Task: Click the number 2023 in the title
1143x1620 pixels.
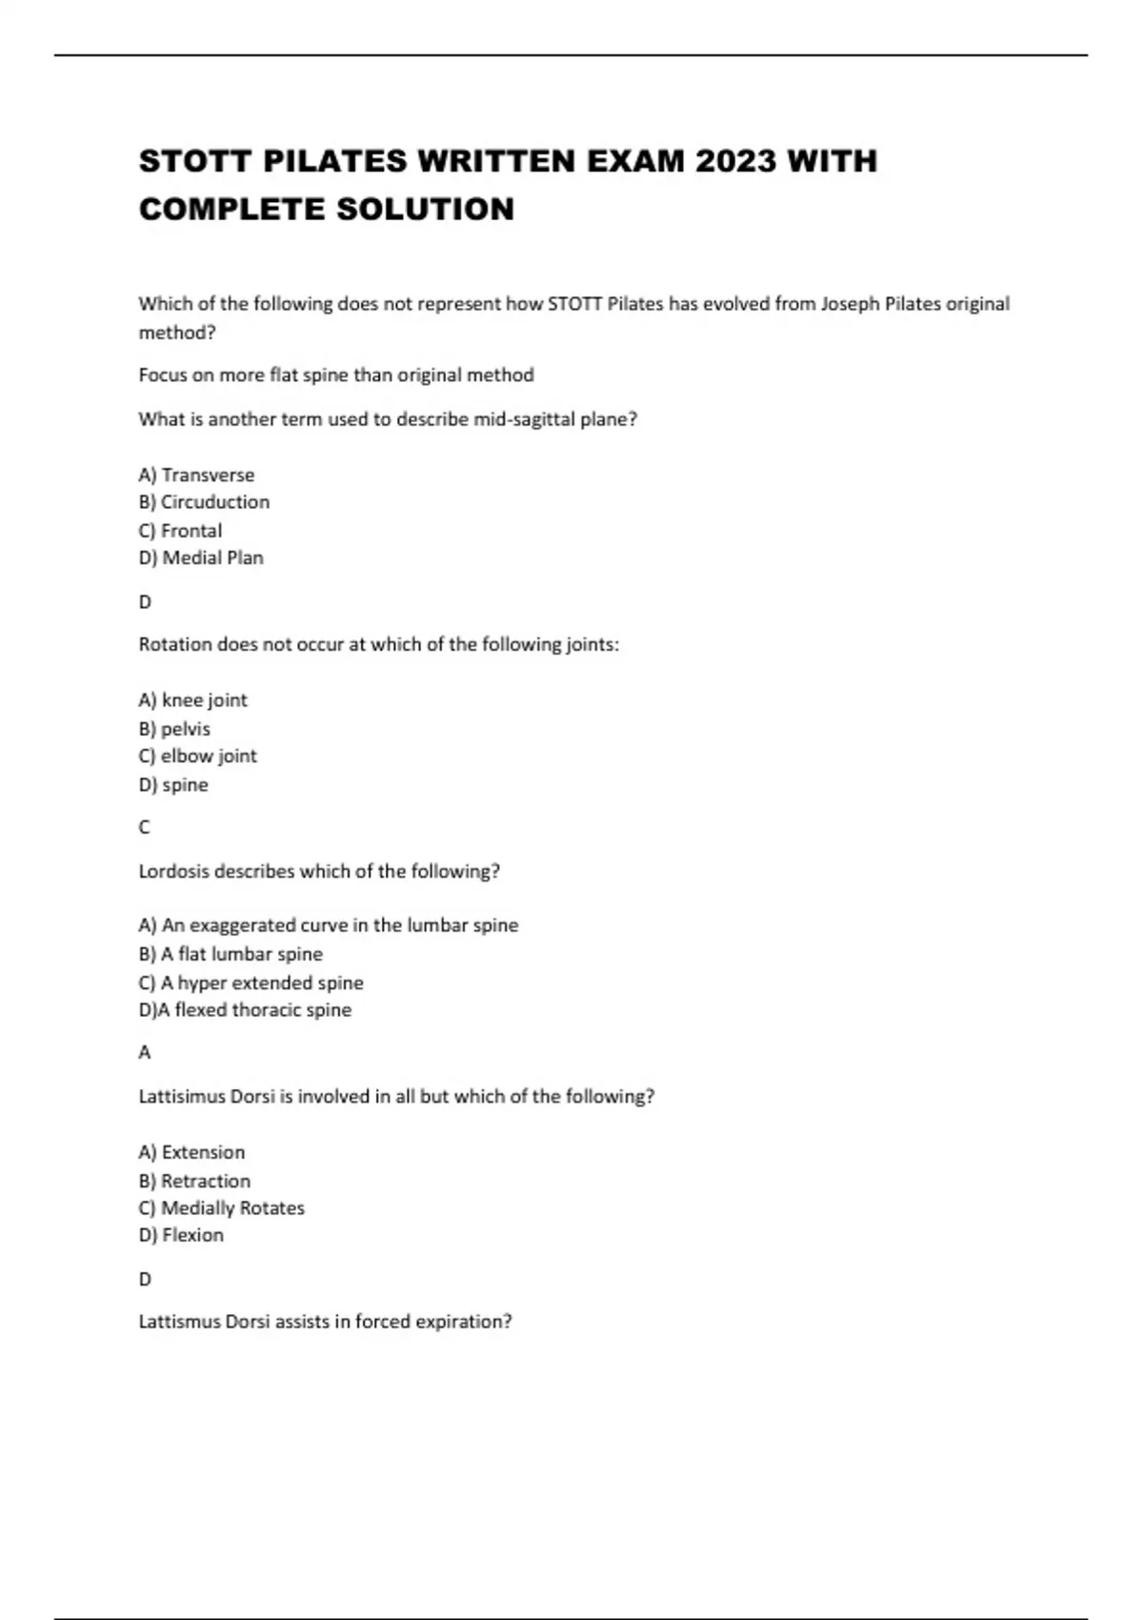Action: (x=736, y=161)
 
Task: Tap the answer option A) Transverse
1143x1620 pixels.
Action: (x=196, y=475)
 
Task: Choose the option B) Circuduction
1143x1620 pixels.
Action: (x=204, y=502)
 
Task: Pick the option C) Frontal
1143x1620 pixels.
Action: (x=180, y=531)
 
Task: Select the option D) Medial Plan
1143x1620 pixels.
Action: (x=201, y=558)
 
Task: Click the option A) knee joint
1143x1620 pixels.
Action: (x=192, y=700)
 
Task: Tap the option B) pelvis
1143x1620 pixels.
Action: (x=174, y=729)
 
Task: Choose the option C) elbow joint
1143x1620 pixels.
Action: (x=197, y=757)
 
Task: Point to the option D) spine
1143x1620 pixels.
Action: (x=173, y=785)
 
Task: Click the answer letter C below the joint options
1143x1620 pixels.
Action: (x=145, y=827)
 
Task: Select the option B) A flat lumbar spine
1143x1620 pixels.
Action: (x=231, y=954)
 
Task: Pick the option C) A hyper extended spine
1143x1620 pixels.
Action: (x=251, y=982)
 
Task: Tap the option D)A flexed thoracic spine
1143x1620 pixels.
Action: (x=245, y=1010)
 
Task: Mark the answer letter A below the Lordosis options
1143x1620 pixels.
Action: (x=145, y=1053)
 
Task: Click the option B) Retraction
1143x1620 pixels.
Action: (x=194, y=1181)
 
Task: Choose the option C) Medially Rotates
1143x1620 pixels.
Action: (x=221, y=1208)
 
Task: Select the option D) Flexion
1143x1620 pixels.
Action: (x=181, y=1236)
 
